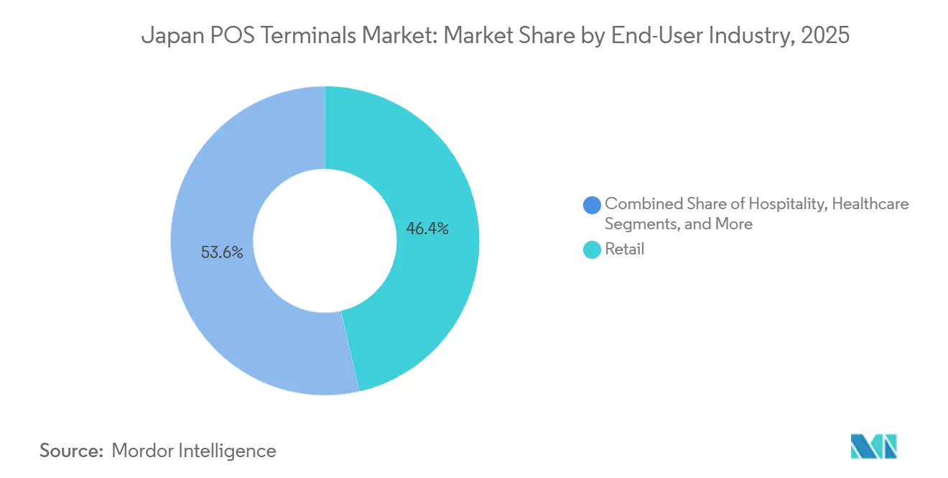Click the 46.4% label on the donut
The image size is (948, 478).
(x=427, y=229)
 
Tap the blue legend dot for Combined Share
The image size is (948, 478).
(x=592, y=205)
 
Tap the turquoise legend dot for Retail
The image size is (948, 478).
(x=592, y=250)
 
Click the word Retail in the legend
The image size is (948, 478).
(x=624, y=249)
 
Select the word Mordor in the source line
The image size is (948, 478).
(x=143, y=451)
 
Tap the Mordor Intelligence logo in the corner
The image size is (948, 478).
(x=873, y=446)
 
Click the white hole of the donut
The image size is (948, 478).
(x=325, y=241)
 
